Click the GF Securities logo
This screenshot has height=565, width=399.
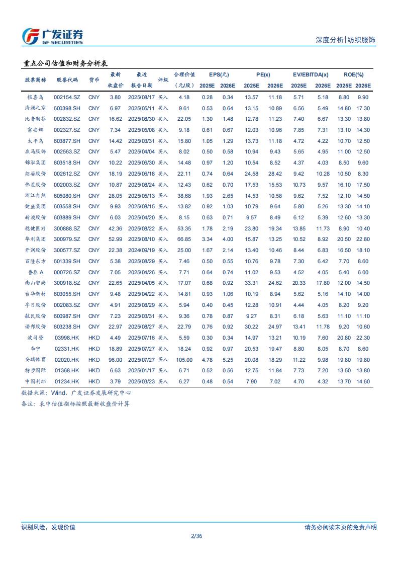point(52,36)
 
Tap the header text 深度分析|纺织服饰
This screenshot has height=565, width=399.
point(345,40)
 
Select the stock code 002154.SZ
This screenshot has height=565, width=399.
point(67,97)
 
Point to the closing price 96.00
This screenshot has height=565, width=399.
point(116,360)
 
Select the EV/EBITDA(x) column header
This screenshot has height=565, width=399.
point(311,74)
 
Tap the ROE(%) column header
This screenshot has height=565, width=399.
point(353,74)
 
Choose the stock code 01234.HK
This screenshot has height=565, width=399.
point(67,381)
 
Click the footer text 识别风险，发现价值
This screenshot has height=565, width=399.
point(48,527)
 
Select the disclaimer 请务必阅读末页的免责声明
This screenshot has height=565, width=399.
point(340,527)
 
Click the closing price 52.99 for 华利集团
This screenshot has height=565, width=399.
point(116,239)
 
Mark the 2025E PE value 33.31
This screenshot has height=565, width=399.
point(251,283)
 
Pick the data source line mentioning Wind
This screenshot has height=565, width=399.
point(76,392)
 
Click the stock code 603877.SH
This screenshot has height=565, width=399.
point(67,141)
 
